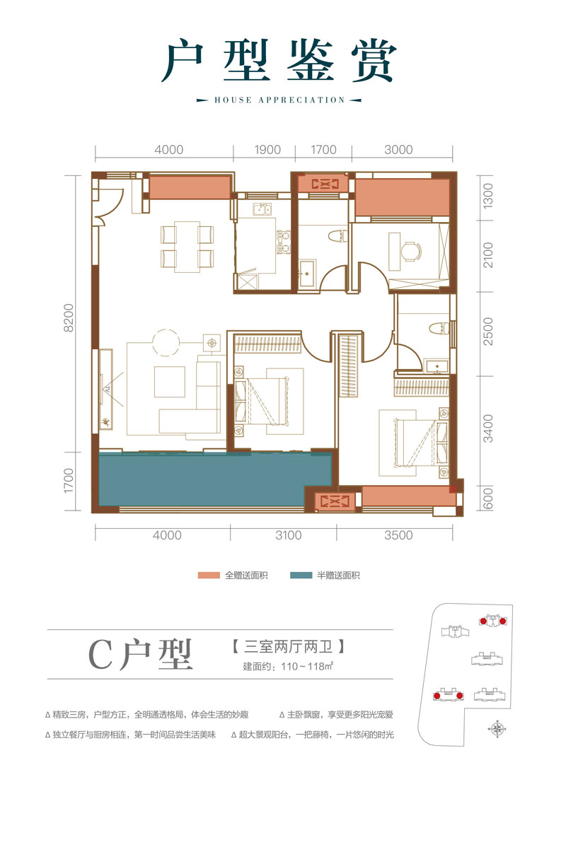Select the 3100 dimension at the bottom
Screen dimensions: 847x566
click(288, 535)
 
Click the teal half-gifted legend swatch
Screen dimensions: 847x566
click(302, 576)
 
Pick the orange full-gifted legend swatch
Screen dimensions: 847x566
click(210, 576)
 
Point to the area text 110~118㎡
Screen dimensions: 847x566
click(297, 666)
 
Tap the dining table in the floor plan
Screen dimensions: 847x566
click(187, 247)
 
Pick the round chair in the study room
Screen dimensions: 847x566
click(410, 250)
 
